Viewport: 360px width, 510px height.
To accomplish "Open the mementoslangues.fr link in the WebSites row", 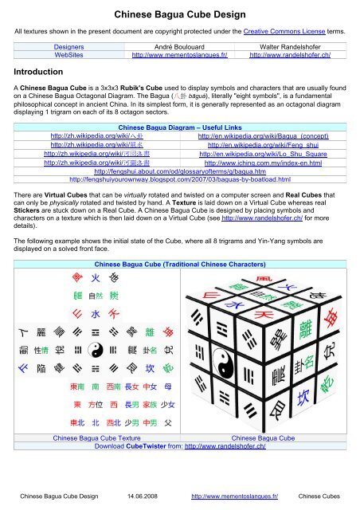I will coord(180,57).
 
